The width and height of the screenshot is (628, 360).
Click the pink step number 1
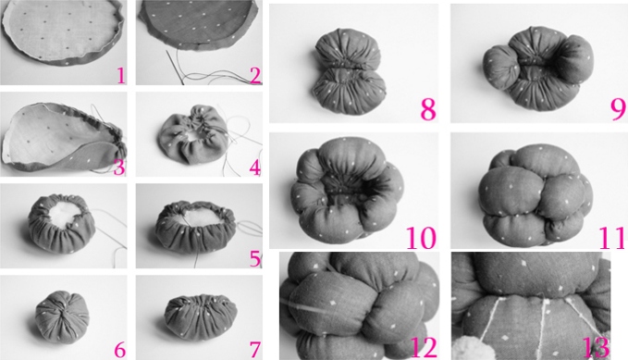[121, 75]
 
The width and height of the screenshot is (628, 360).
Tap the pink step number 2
[255, 75]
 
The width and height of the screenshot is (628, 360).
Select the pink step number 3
[119, 168]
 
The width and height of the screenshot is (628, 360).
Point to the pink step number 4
[255, 168]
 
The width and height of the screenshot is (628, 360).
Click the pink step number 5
[255, 259]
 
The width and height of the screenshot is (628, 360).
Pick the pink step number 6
[119, 351]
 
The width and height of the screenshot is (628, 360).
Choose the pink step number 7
[255, 351]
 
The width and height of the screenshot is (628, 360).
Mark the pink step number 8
[428, 108]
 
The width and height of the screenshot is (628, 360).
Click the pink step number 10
[422, 237]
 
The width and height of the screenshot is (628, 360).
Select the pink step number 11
[611, 237]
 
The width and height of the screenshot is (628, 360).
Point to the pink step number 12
[424, 347]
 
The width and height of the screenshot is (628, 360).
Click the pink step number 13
[596, 347]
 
